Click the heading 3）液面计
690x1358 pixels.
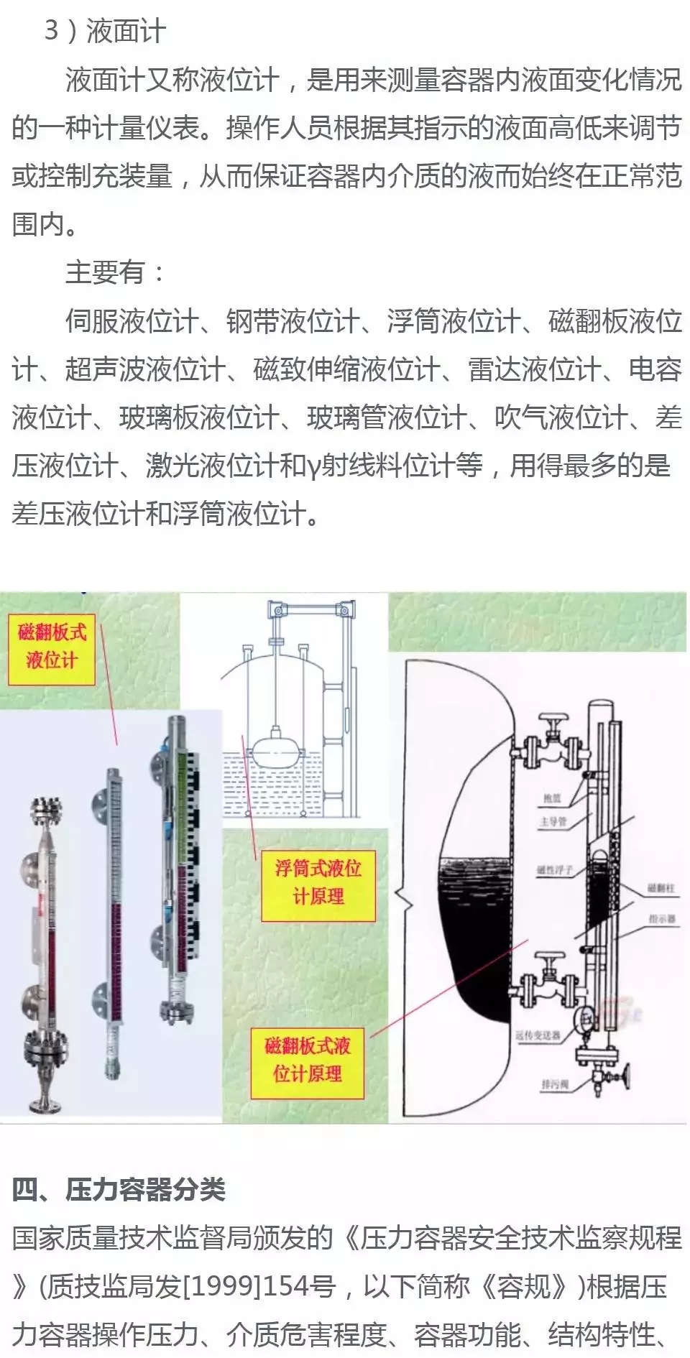(105, 31)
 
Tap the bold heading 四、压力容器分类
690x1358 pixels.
(119, 1189)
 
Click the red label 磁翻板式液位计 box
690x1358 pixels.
(52, 646)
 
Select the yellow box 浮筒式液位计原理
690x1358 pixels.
(318, 882)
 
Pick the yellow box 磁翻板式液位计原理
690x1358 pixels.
(308, 1059)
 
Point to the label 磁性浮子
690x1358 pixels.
(555, 869)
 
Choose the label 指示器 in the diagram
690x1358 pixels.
(662, 918)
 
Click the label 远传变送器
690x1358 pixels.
(538, 1035)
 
